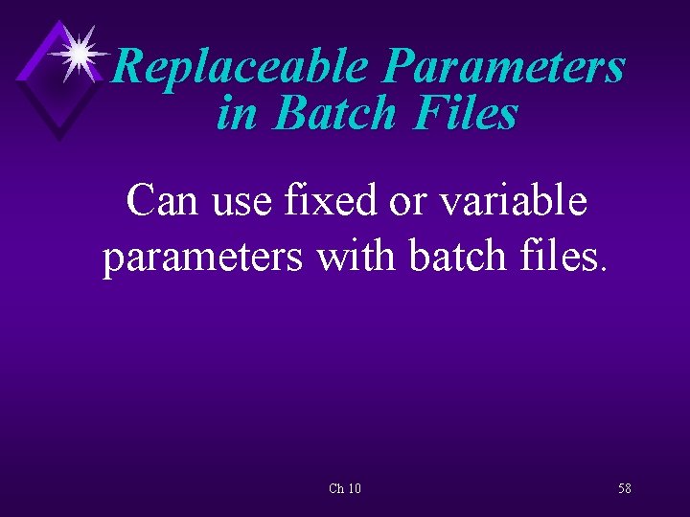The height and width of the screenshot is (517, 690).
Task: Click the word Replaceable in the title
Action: pos(241,68)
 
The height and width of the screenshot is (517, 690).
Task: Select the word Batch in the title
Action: pos(334,114)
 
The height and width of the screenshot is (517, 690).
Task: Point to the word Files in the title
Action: pos(467,114)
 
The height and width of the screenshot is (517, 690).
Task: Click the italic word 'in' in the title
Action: pos(237,114)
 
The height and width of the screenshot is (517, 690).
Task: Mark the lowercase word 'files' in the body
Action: pos(562,257)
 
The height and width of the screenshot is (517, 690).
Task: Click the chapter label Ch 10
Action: pos(345,488)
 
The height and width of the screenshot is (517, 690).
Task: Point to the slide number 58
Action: pos(625,488)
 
